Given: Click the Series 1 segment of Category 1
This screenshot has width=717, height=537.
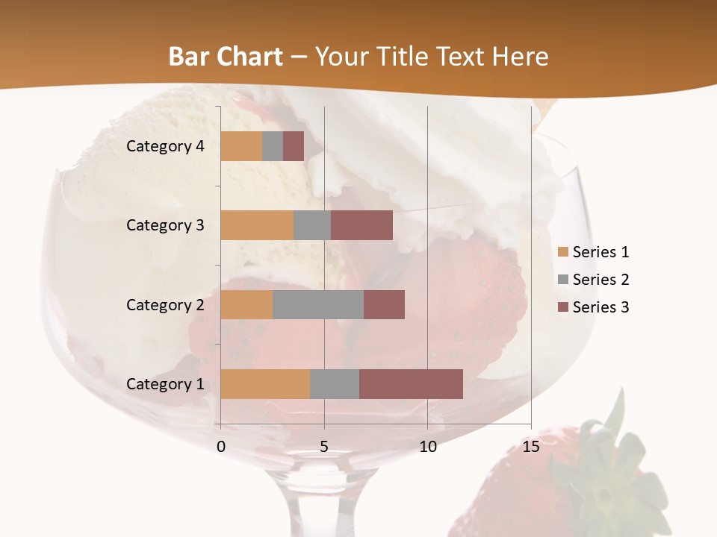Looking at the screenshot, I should point(265,384).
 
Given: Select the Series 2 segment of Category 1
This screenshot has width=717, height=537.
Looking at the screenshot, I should point(335,384).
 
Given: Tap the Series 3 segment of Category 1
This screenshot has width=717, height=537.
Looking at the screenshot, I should point(411,384).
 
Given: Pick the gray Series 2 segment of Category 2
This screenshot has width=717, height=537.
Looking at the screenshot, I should point(318,304).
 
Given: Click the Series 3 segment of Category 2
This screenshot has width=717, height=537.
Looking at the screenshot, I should point(384,304).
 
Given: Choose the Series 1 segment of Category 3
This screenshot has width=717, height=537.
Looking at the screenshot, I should point(257,225).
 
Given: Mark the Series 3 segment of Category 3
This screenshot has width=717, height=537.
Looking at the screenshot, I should point(361,225).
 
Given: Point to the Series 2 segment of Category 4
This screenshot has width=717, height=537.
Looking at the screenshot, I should point(273,146).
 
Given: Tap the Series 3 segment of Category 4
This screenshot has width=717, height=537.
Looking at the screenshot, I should point(294,146).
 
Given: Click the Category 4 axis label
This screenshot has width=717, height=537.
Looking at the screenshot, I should point(165,146).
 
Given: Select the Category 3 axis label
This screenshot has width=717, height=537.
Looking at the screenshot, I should point(165,225).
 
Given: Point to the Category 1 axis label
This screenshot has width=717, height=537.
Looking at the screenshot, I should point(165,384).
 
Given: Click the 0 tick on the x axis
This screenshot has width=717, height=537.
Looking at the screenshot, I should point(221,447).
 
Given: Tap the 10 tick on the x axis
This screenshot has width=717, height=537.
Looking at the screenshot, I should point(427,447).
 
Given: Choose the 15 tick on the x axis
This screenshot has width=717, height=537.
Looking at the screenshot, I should point(530,447).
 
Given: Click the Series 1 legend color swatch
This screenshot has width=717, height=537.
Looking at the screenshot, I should point(562,252).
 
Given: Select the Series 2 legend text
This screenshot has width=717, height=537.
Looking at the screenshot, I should point(600,280).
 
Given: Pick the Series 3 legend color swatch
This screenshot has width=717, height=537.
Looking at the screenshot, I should point(562,307).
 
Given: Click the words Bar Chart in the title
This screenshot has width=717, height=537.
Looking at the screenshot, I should point(226,56).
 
